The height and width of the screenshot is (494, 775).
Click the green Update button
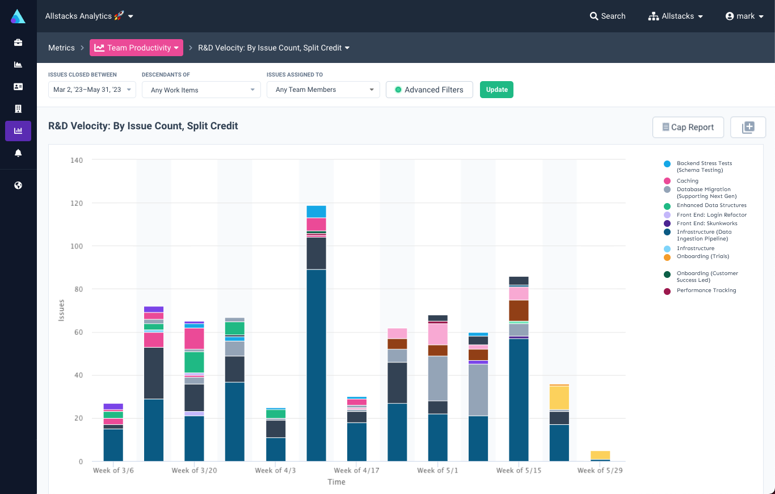click(x=496, y=90)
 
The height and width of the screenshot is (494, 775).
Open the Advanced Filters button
click(x=429, y=90)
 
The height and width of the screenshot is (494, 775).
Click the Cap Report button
click(x=688, y=127)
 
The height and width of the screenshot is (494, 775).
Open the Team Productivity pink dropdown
click(x=136, y=48)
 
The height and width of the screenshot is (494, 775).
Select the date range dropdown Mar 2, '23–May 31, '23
click(x=92, y=90)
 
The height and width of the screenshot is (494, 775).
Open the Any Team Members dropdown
click(x=323, y=90)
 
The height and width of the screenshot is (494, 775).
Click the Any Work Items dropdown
click(x=201, y=90)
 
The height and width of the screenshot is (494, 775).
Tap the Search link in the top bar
click(x=608, y=16)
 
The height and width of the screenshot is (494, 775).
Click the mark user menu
click(x=745, y=16)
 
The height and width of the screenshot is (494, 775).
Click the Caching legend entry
click(x=687, y=181)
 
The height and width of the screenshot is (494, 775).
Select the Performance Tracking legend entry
click(x=706, y=290)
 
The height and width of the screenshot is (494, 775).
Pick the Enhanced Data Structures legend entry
click(x=711, y=205)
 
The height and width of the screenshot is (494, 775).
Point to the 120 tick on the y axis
click(x=76, y=203)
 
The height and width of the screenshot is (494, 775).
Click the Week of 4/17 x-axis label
click(x=356, y=470)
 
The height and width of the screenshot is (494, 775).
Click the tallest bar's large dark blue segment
click(x=316, y=365)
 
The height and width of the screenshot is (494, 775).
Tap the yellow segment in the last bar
click(x=600, y=455)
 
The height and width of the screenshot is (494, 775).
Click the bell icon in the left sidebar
click(x=18, y=153)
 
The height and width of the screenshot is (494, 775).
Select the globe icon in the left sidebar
click(x=18, y=185)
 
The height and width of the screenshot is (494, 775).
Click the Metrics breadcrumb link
click(x=61, y=48)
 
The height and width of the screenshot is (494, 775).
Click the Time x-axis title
click(x=336, y=482)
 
